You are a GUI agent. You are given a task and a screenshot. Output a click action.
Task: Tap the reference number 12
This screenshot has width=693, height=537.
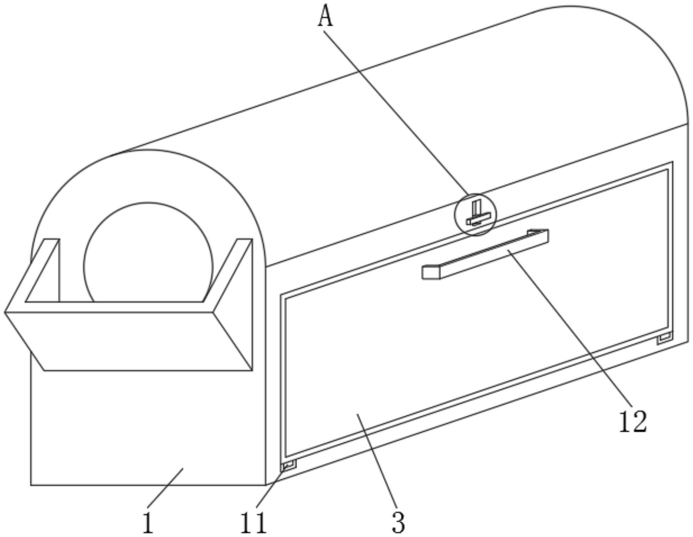pos(633,422)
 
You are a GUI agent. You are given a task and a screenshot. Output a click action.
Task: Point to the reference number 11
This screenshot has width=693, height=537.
pos(253,523)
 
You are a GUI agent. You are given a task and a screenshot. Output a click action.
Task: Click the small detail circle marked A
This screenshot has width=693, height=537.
pos(475,215)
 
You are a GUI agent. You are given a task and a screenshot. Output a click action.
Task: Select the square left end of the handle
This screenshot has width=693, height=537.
pos(431,272)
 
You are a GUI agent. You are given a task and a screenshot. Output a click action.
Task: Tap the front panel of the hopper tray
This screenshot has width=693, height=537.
pos(127,341)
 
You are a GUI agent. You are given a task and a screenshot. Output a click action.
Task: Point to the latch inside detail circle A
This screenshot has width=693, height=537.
pos(477,216)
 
